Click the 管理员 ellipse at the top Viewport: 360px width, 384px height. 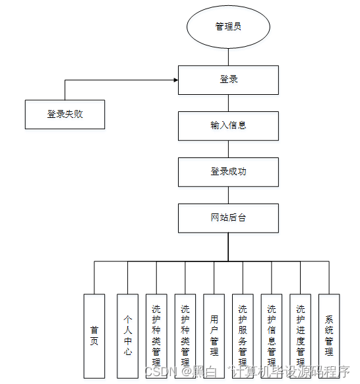pyautogui.click(x=229, y=26)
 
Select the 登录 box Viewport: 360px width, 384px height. pyautogui.click(x=229, y=80)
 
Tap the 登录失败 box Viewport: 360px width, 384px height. pyautogui.click(x=65, y=114)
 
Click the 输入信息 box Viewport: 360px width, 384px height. pyautogui.click(x=229, y=125)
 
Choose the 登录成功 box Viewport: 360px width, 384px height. pyautogui.click(x=229, y=171)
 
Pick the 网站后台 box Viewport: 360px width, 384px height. pyautogui.click(x=229, y=218)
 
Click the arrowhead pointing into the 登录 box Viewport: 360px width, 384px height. pyautogui.click(x=175, y=80)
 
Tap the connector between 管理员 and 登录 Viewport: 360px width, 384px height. pyautogui.click(x=229, y=57)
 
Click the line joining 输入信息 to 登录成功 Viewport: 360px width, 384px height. pyautogui.click(x=229, y=148)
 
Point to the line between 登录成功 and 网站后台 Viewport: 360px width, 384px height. pyautogui.click(x=229, y=195)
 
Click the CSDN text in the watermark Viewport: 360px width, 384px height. pyautogui.click(x=158, y=372)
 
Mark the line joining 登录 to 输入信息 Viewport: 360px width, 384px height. pyautogui.click(x=229, y=103)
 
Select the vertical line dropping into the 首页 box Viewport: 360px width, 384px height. pyautogui.click(x=94, y=277)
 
